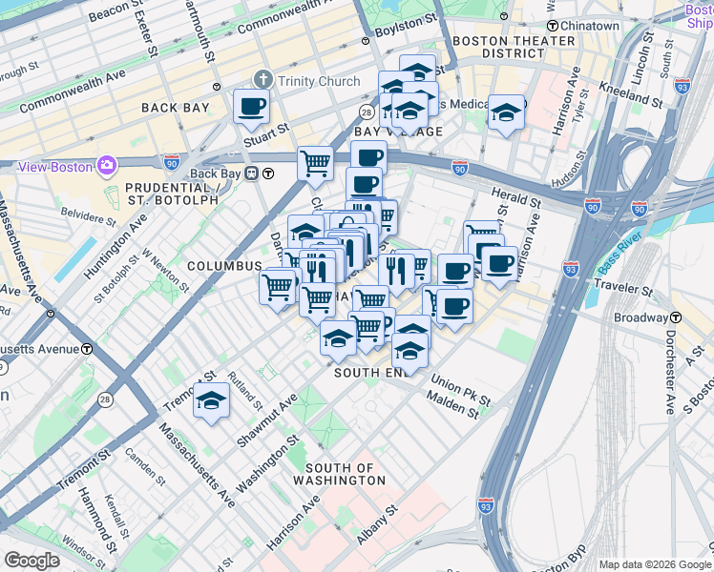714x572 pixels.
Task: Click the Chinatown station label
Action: click(x=588, y=26)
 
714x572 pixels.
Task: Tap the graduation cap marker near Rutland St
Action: click(x=211, y=400)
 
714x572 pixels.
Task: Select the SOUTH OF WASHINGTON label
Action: click(x=346, y=474)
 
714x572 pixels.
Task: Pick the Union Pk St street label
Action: click(x=459, y=391)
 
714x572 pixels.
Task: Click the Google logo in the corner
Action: click(x=32, y=561)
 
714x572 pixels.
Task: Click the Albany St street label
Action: click(x=379, y=526)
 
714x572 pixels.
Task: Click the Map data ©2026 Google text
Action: click(x=654, y=564)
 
